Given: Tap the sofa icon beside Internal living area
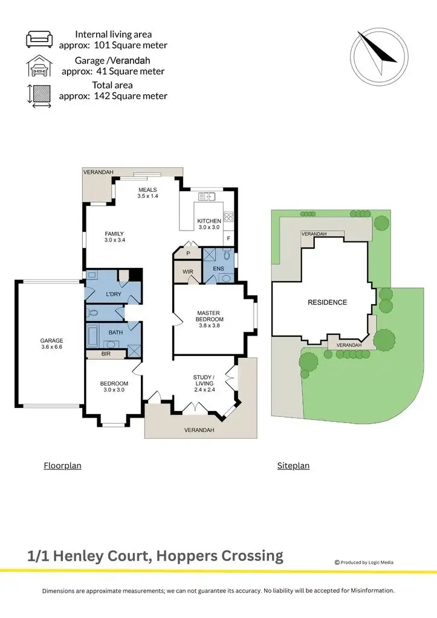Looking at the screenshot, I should tap(39, 40).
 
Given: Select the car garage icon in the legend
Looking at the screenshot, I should tap(39, 65).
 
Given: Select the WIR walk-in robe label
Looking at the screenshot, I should tap(187, 272).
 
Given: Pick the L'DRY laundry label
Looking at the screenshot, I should tap(114, 294).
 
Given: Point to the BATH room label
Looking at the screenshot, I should tap(115, 332).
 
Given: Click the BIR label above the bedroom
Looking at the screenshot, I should tap(106, 354).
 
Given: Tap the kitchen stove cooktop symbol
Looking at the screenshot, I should tap(229, 218).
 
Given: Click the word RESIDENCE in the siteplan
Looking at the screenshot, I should tap(328, 302).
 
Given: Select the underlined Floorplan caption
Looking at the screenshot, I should tap(62, 465).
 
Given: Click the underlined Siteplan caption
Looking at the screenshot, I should tap(293, 465).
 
